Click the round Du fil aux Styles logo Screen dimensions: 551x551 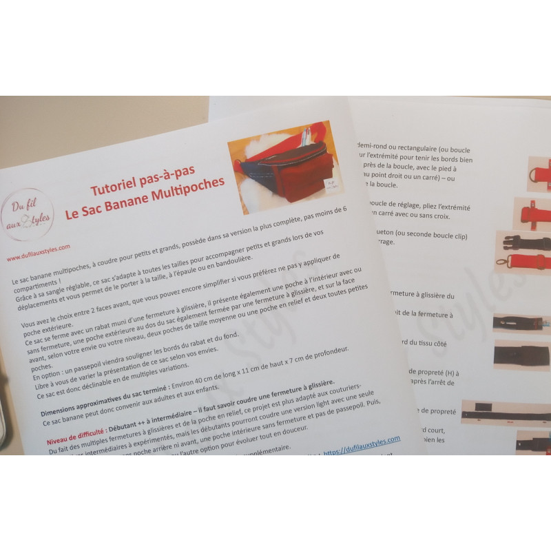click(28, 214)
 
